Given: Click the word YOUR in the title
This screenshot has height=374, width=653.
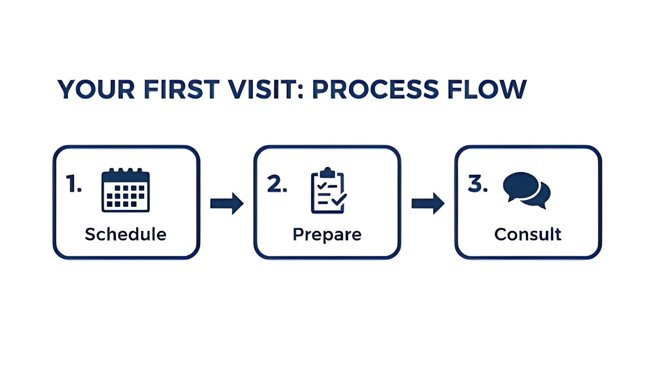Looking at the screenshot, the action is pos(96,89).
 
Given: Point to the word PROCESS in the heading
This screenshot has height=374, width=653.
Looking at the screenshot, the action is pos(375,89).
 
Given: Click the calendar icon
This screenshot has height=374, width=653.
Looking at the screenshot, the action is pos(125,190).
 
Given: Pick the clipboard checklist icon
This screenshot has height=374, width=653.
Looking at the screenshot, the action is pos(329,190).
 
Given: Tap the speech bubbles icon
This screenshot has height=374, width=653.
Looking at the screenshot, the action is pos(526,190).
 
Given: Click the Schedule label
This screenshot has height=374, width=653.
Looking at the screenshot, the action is pos(125,234).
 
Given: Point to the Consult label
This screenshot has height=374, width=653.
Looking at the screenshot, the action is pos(528,234).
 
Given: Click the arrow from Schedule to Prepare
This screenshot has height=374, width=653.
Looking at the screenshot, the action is pos(227,204).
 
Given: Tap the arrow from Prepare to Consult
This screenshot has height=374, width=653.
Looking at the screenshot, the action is pos(428,204).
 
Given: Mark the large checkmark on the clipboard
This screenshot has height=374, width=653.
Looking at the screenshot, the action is pos(339,199).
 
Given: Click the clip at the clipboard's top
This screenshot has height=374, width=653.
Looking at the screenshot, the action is pos(328,172).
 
